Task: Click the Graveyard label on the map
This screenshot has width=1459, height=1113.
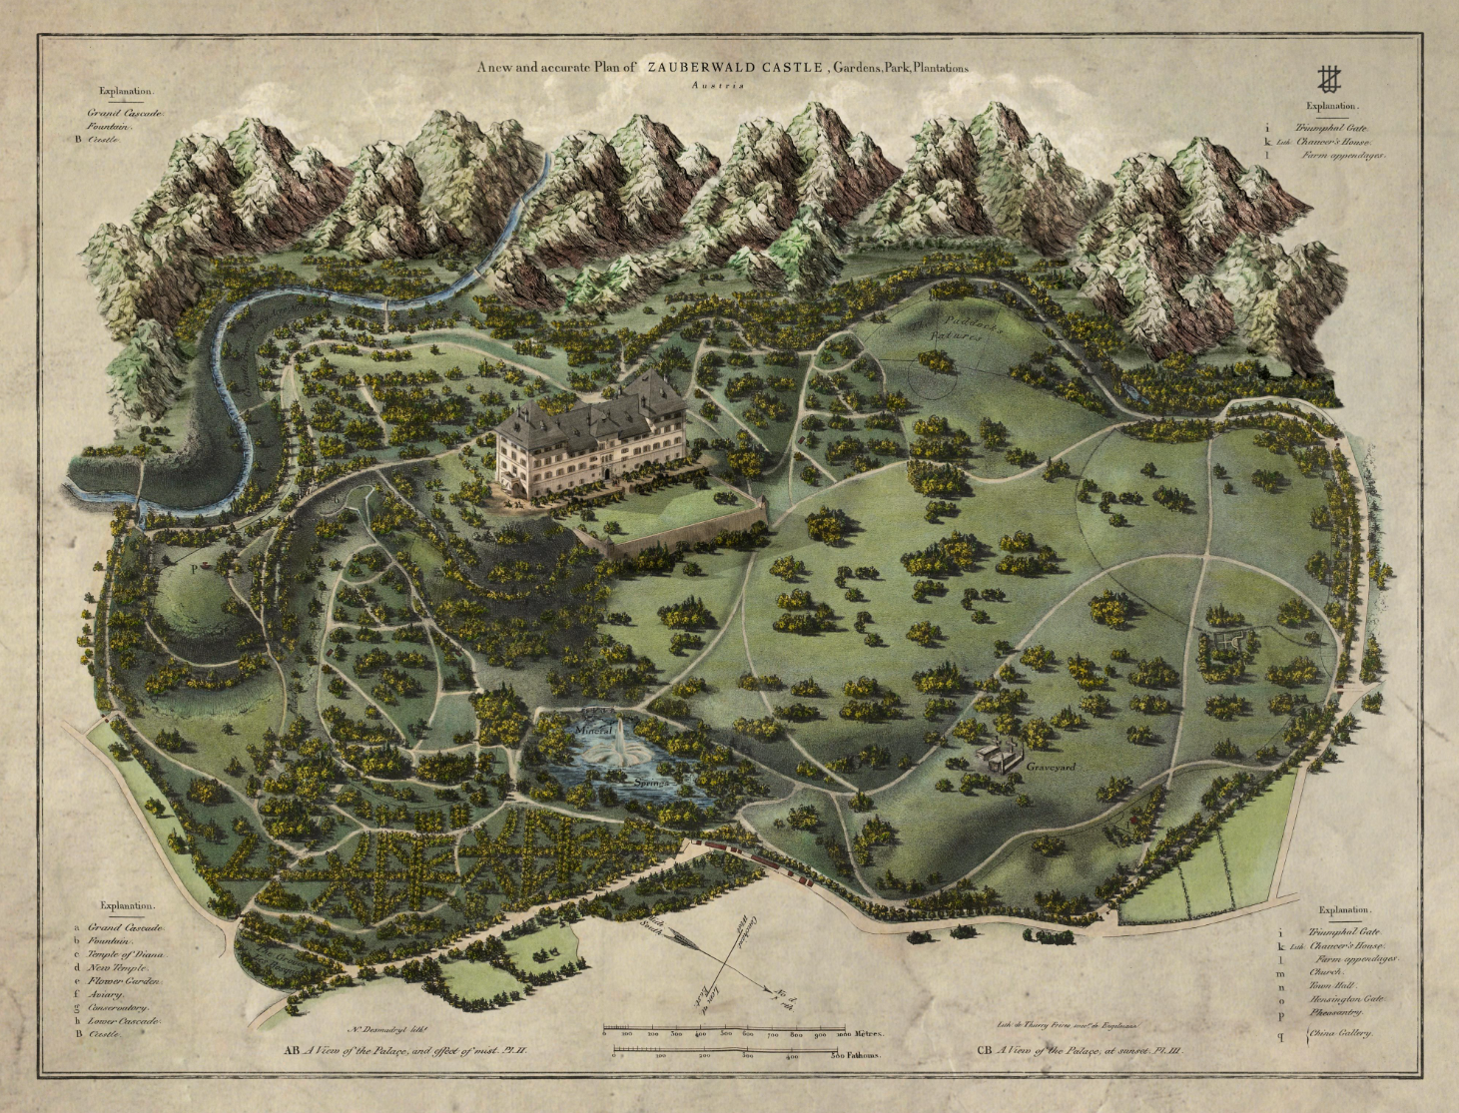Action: (x=1050, y=768)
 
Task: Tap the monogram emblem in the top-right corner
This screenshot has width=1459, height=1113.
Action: (x=1327, y=78)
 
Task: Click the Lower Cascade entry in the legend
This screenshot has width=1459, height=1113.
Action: (x=126, y=1020)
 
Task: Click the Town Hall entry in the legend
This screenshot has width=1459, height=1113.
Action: (x=1330, y=984)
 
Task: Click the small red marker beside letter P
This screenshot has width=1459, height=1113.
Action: (x=206, y=564)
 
